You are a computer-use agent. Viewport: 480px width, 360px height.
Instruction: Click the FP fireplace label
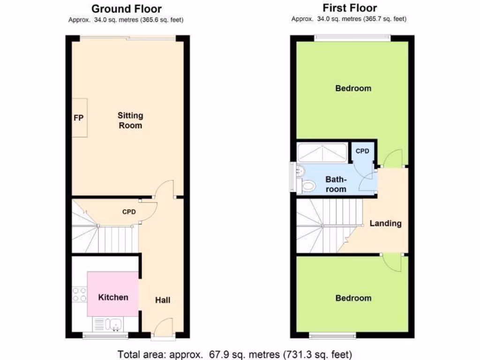pyautogui.click(x=78, y=118)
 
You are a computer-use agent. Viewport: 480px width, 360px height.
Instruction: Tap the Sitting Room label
pyautogui.click(x=130, y=120)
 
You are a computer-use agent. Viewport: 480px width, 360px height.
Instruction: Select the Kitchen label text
pyautogui.click(x=113, y=297)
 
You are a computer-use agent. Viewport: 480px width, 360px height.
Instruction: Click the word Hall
pyautogui.click(x=163, y=300)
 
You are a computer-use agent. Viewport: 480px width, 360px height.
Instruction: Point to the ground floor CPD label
pyautogui.click(x=129, y=212)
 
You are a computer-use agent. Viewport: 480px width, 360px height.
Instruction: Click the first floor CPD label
pyautogui.click(x=362, y=151)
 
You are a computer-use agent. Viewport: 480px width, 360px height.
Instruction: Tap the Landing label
pyautogui.click(x=385, y=223)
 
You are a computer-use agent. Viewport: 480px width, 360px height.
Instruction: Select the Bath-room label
pyautogui.click(x=336, y=184)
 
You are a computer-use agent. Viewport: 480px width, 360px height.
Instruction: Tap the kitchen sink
pyautogui.click(x=113, y=324)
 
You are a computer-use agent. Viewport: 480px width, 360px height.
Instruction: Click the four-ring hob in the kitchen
pyautogui.click(x=79, y=294)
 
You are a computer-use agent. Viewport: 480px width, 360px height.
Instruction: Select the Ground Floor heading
pyautogui.click(x=126, y=8)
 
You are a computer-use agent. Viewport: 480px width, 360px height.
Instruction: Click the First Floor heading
pyautogui.click(x=350, y=8)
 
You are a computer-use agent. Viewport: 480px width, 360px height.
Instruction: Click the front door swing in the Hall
pyautogui.click(x=165, y=324)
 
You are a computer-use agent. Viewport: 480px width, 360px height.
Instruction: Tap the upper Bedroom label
pyautogui.click(x=353, y=88)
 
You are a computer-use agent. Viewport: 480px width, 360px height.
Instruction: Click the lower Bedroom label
pyautogui.click(x=353, y=298)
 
